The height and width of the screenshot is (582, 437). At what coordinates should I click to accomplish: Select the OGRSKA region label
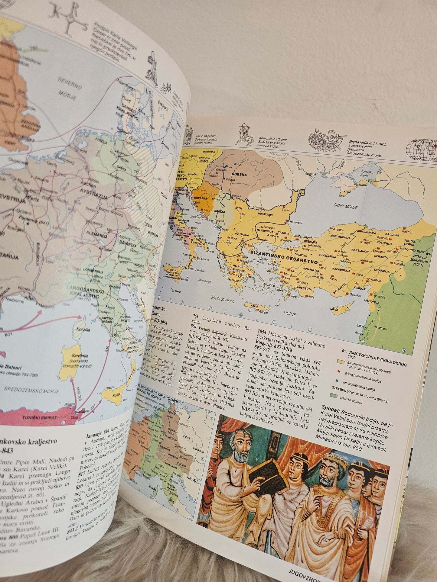click(x=239, y=175)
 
